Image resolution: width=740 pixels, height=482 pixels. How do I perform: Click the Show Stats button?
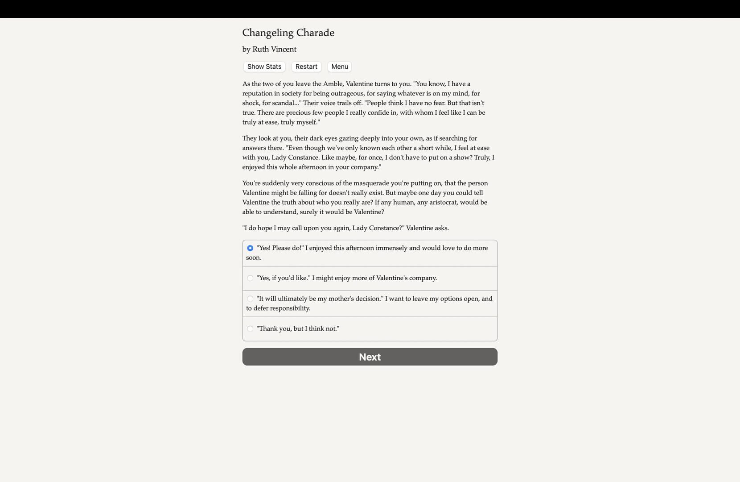pos(264,66)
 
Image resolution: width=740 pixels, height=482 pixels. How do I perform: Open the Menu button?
pos(340,66)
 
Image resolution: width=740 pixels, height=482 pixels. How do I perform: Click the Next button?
pos(370,357)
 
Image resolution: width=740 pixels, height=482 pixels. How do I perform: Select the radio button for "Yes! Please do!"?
pos(250,248)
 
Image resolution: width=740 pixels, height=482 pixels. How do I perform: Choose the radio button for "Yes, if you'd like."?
pos(250,278)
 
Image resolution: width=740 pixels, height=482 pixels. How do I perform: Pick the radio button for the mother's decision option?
pos(250,299)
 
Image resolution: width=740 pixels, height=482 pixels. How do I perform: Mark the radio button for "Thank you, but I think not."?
pos(250,329)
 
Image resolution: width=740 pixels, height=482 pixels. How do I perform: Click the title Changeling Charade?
pos(288,33)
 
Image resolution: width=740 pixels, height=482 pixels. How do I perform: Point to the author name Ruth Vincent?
pos(274,49)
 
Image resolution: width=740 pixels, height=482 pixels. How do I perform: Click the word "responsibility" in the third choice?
pos(288,308)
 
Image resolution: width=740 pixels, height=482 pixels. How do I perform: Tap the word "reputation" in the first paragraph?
pos(259,93)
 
